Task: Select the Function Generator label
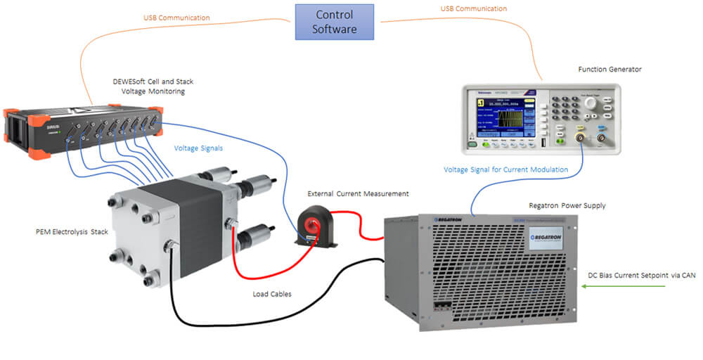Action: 610,70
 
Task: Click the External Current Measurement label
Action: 358,193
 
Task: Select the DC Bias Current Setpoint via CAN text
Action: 641,275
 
